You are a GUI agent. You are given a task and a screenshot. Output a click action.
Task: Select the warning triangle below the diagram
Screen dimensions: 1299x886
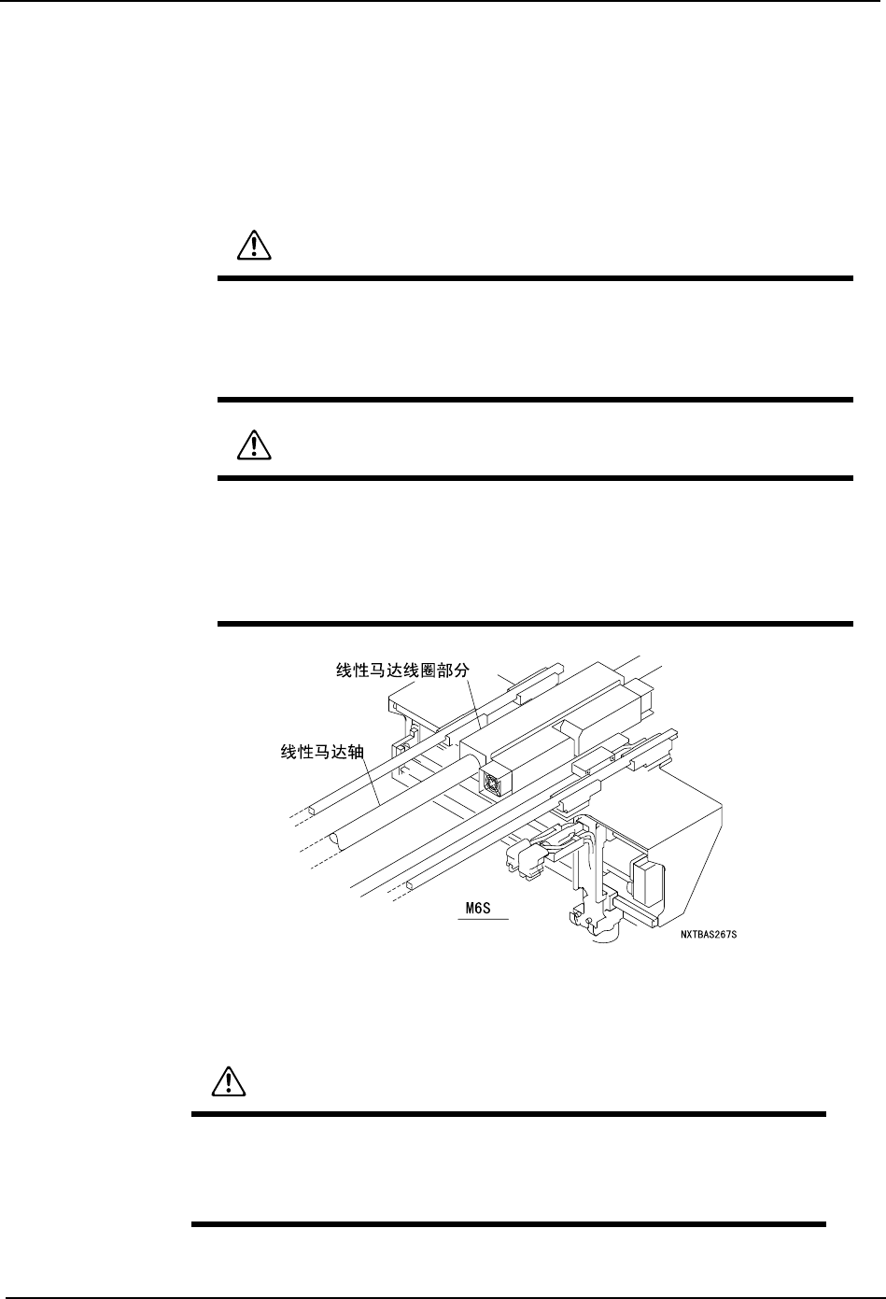(x=224, y=1080)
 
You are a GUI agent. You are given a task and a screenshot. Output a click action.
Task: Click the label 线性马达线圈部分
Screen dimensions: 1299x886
(x=404, y=671)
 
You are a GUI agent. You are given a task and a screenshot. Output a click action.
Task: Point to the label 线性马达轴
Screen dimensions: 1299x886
(x=323, y=751)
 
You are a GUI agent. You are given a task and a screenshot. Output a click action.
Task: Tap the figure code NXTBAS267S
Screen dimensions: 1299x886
(x=715, y=932)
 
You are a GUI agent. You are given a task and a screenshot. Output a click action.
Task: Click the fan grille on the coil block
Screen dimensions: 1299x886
(x=493, y=782)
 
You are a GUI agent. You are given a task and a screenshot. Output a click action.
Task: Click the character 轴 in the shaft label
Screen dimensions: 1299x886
(x=357, y=751)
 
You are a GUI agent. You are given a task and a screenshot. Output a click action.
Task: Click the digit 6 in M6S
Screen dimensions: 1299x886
(x=483, y=908)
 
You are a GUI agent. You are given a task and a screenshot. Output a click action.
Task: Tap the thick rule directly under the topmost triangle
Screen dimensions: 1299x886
(x=535, y=277)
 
